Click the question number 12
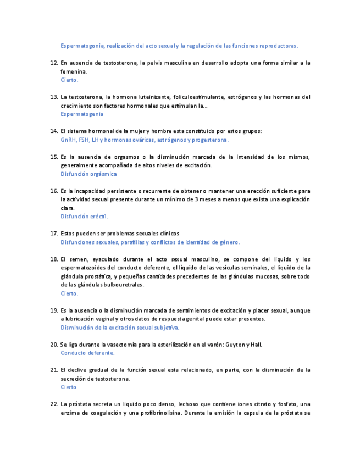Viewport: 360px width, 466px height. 54,63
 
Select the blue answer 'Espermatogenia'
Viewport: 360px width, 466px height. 82,114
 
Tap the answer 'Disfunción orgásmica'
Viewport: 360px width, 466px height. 88,174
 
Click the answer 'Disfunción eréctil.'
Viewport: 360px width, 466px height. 84,217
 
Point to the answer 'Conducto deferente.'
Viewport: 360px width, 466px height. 87,353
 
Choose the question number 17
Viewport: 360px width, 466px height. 54,234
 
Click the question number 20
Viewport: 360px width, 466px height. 54,345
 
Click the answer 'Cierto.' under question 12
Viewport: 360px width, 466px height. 69,80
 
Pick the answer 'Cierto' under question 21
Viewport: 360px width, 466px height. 69,387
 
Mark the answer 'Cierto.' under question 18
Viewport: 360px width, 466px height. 69,293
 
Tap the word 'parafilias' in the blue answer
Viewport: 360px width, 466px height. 129,242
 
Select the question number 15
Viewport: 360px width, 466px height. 54,157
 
